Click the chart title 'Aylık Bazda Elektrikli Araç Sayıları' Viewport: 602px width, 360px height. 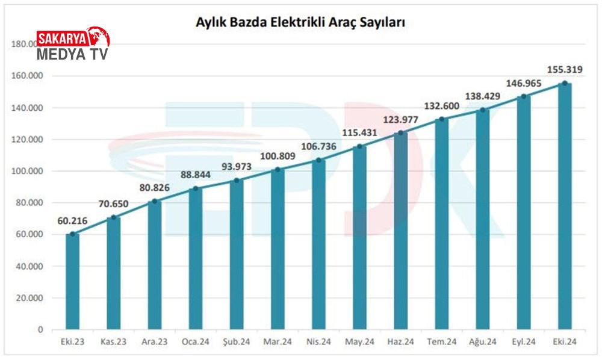tap(300, 23)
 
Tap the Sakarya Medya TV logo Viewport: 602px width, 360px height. tap(73, 45)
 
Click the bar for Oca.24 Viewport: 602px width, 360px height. tap(196, 259)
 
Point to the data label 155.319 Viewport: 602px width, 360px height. tap(565, 69)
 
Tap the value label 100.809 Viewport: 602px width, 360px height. tap(278, 157)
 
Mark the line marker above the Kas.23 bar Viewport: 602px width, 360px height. tap(113, 217)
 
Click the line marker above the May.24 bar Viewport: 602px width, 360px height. tap(359, 146)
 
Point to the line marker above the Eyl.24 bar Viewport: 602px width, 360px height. tap(524, 96)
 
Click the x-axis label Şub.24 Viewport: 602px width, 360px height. tap(237, 342)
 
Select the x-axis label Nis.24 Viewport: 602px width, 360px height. tap(318, 342)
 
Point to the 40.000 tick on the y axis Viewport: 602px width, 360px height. tap(29, 266)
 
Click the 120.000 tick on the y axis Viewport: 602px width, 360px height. tap(28, 140)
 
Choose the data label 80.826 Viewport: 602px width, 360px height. tap(154, 188)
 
